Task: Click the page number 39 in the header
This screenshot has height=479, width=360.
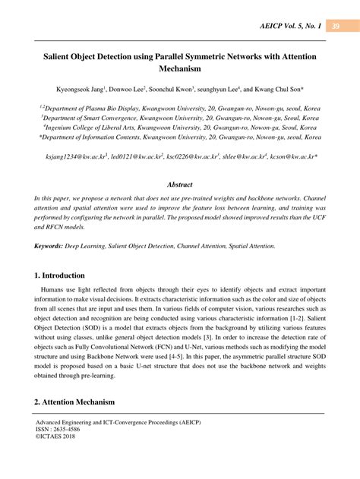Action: click(336, 27)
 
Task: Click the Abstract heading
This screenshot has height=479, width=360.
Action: click(180, 184)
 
